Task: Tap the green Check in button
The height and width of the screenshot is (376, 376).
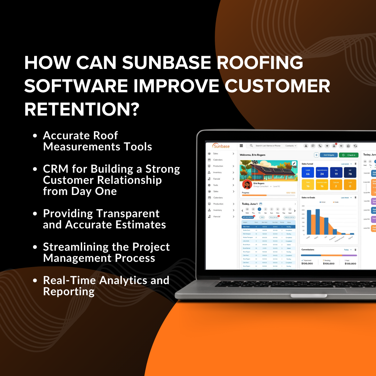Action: (x=348, y=155)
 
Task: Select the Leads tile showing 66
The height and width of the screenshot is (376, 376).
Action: (x=308, y=172)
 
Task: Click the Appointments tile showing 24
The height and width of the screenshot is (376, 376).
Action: (x=322, y=172)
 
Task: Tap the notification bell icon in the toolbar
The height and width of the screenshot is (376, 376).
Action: (x=334, y=146)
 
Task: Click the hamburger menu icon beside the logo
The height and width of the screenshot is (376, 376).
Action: (x=241, y=146)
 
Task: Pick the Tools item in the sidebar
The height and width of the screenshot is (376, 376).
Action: (x=216, y=185)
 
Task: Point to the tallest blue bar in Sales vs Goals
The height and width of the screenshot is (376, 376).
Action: (x=318, y=222)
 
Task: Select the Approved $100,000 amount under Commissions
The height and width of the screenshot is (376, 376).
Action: (x=307, y=264)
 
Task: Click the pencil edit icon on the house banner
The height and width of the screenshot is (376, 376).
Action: (x=294, y=163)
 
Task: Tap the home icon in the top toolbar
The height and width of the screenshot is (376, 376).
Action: (x=348, y=146)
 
